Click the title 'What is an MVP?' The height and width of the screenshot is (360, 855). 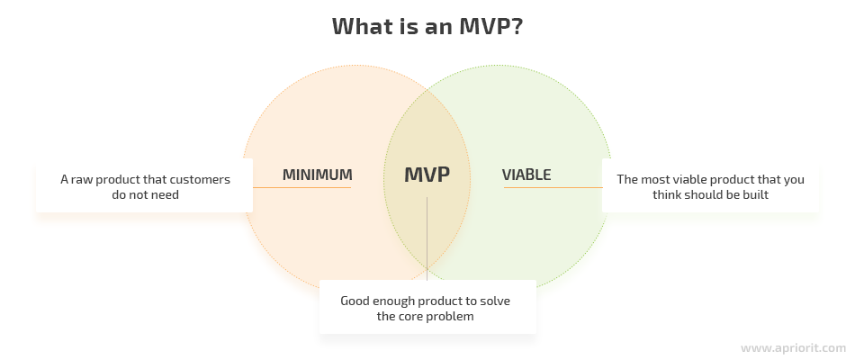coord(427,26)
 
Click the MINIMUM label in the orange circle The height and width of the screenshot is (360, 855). coord(318,175)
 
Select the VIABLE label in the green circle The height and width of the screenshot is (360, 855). coord(526,175)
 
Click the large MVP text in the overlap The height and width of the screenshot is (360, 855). coord(427,175)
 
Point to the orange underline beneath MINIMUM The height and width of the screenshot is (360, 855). coord(301,187)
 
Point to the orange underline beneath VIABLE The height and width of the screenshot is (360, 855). coord(553,187)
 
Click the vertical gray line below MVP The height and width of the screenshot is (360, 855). coord(427,238)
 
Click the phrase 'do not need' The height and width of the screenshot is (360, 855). coord(145,194)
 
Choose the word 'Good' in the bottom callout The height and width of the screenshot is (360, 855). coord(355,301)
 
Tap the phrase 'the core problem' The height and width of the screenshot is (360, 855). coord(426,317)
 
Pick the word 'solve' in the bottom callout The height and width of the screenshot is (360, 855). coord(495,301)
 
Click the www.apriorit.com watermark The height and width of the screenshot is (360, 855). coord(793,347)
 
